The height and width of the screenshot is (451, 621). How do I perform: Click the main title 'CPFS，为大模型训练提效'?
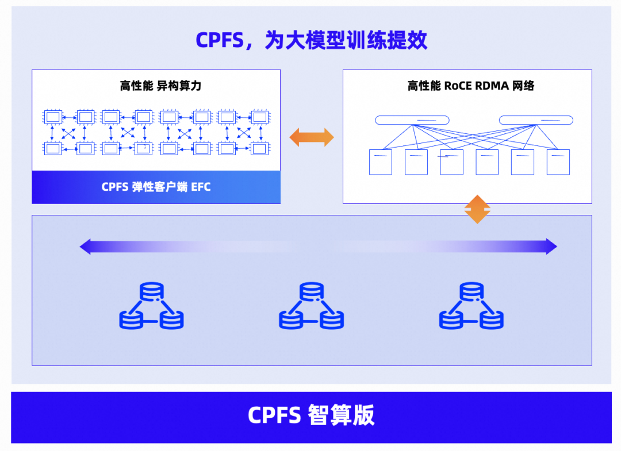click(311, 40)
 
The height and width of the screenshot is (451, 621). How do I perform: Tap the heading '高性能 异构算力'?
click(160, 86)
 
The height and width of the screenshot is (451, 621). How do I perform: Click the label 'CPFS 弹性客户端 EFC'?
click(156, 187)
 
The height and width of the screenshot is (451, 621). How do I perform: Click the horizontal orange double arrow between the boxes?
click(311, 137)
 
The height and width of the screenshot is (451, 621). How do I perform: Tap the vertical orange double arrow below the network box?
click(477, 209)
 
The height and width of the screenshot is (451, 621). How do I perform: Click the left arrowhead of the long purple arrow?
click(86, 247)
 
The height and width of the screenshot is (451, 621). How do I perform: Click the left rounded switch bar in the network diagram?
click(412, 120)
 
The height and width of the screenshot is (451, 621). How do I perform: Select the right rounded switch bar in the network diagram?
click(536, 120)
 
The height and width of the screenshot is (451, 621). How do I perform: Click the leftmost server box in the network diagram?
click(380, 162)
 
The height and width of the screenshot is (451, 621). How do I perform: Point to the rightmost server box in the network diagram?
click(558, 162)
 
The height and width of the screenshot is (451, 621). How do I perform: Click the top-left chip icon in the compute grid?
click(52, 117)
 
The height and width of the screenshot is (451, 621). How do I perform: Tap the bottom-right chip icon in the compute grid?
click(259, 148)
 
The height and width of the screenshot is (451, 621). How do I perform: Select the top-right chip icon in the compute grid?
click(259, 117)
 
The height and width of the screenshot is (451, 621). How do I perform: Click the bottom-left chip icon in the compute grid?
click(52, 148)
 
